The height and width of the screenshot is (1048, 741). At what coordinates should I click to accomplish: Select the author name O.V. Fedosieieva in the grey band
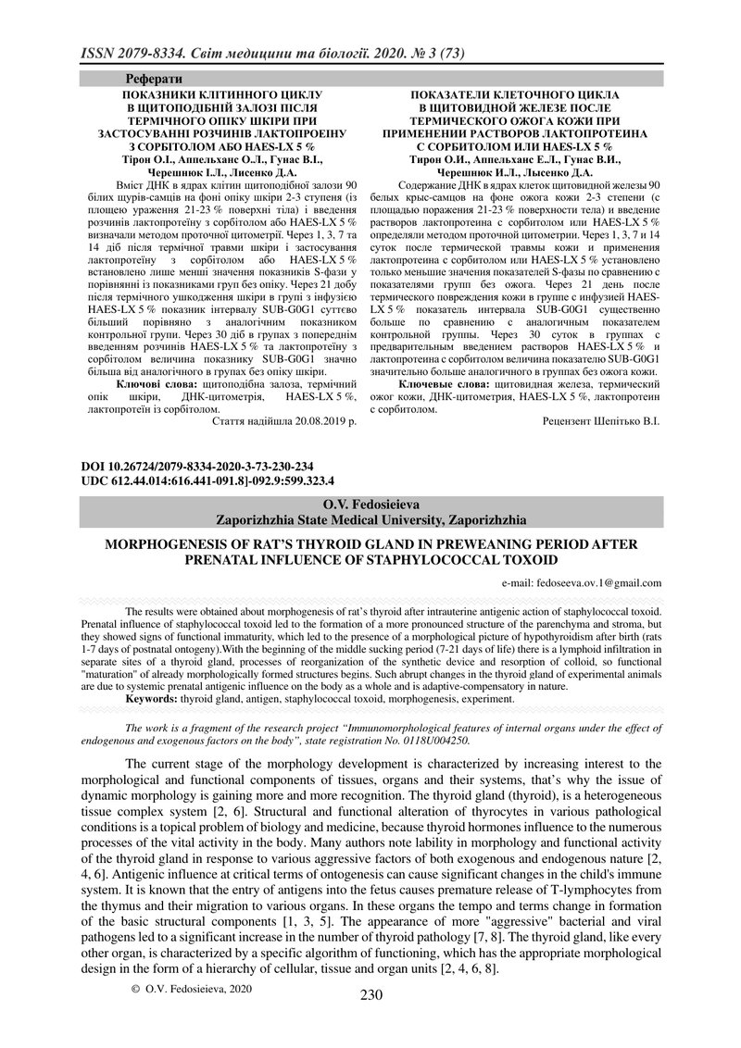tap(370, 505)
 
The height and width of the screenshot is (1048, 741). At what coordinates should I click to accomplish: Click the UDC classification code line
tap(207, 481)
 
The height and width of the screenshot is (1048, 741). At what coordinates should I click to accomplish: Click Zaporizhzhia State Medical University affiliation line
tap(370, 520)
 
